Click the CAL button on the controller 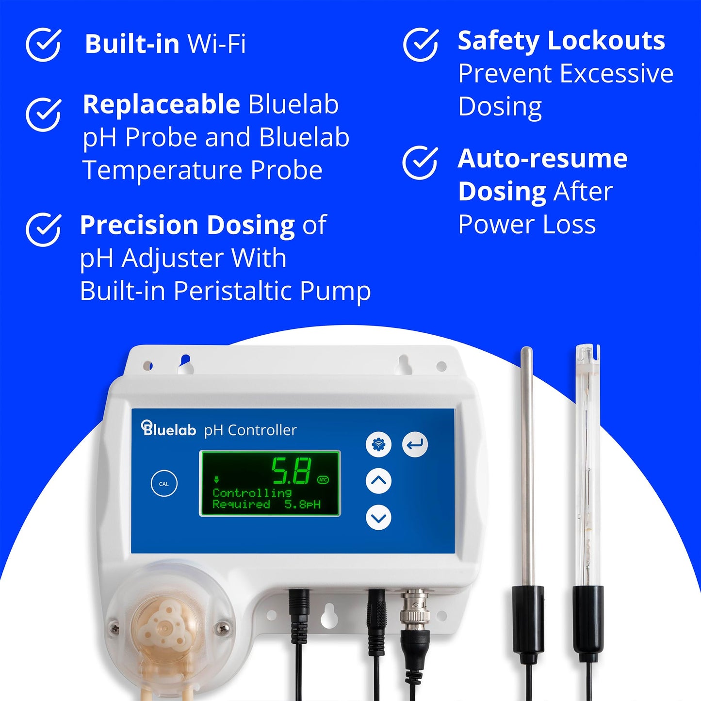click(x=164, y=484)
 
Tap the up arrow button click(x=378, y=481)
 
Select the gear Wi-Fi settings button click(x=378, y=444)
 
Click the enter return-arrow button click(x=415, y=444)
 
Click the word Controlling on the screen click(x=252, y=493)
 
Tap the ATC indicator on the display click(x=323, y=480)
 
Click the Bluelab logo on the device click(x=169, y=429)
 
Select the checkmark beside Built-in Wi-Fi click(x=43, y=44)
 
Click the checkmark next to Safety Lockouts click(x=421, y=44)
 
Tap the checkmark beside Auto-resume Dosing click(x=420, y=163)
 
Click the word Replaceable click(x=161, y=104)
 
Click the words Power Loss click(x=527, y=225)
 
